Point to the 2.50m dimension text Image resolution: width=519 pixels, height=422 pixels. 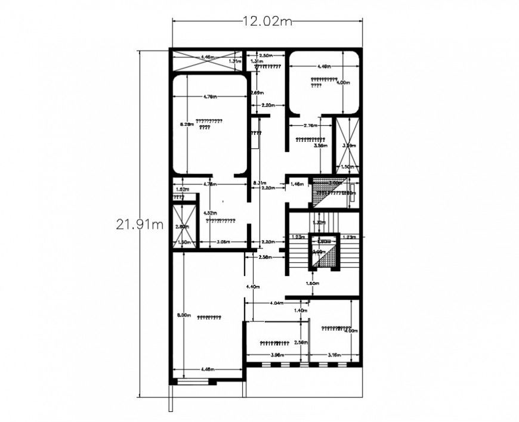265,55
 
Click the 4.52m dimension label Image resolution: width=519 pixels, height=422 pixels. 209,212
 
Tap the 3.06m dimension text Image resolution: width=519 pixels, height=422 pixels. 224,242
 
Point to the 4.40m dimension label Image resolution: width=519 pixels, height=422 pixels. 253,287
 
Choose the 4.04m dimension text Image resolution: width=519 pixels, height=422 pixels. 276,303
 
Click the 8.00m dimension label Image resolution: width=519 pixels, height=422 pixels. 184,315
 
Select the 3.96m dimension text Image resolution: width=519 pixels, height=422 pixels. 276,355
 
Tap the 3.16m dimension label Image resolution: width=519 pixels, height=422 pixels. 334,355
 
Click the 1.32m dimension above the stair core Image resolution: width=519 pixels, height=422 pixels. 319,222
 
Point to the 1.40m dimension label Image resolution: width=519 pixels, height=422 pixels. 300,311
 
